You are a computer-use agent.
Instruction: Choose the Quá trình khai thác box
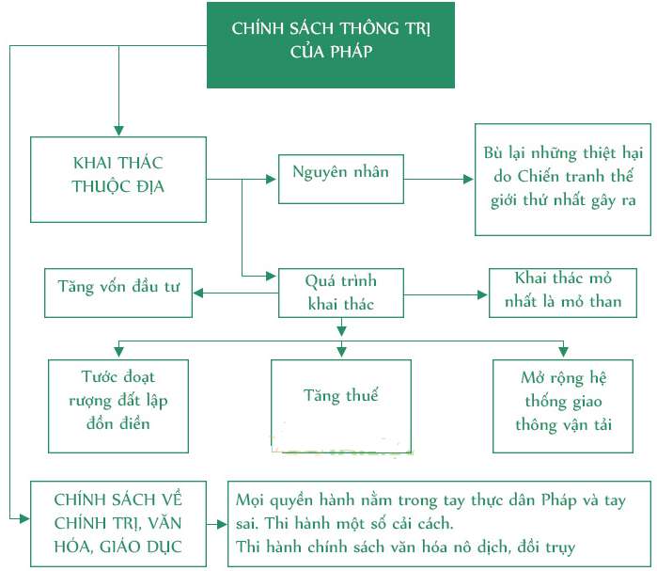(x=340, y=293)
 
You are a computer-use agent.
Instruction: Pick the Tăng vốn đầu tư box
(x=118, y=293)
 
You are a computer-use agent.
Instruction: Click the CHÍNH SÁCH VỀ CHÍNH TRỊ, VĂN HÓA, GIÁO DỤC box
(x=118, y=522)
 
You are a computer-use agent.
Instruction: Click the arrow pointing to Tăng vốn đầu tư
(x=236, y=293)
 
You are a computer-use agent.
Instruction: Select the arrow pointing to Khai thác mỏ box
(x=446, y=293)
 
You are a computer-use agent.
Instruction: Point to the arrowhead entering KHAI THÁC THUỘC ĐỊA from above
(x=118, y=131)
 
